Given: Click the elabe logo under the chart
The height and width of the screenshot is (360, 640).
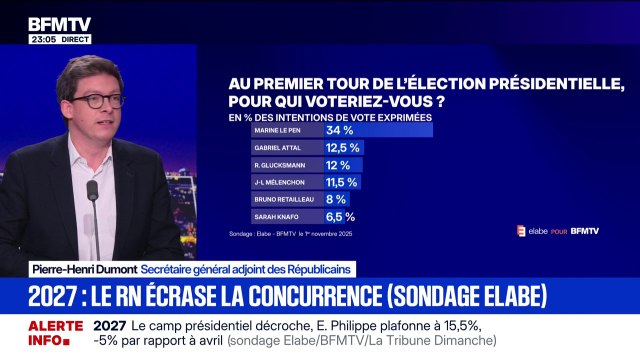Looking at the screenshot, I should click(534, 231).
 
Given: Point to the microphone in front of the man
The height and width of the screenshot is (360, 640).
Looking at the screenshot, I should click(93, 190).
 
